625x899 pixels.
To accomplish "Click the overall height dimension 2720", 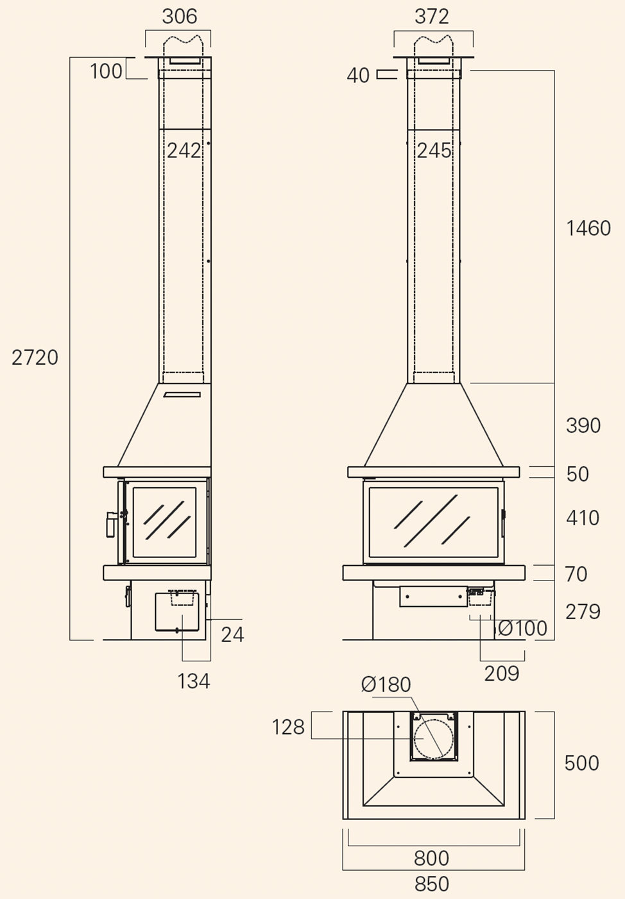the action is (x=35, y=358).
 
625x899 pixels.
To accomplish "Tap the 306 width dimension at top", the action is (x=180, y=17).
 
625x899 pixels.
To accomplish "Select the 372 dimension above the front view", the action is (x=432, y=17).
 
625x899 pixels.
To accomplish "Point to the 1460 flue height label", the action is (x=588, y=228).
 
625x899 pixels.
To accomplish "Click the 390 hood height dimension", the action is (x=583, y=425).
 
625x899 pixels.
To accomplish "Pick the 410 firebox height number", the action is (x=583, y=518).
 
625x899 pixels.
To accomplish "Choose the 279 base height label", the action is (x=583, y=612).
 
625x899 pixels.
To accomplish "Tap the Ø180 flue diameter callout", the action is (x=386, y=685).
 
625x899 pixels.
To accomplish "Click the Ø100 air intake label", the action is (x=522, y=628).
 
